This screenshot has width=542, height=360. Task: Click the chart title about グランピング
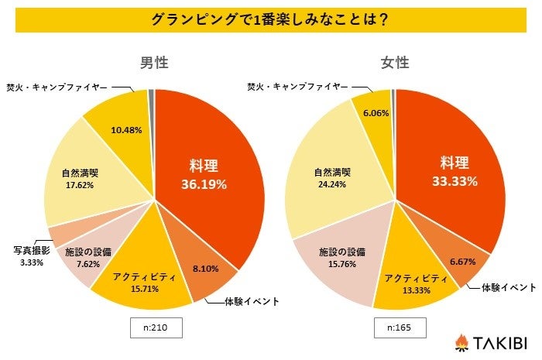(270, 18)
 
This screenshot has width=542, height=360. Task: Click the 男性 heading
(154, 63)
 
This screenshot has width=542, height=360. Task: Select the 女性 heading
(395, 63)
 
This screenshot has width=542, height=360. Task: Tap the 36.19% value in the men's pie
(204, 184)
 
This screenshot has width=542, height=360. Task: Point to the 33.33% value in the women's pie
(454, 181)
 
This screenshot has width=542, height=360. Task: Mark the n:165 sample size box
(395, 328)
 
